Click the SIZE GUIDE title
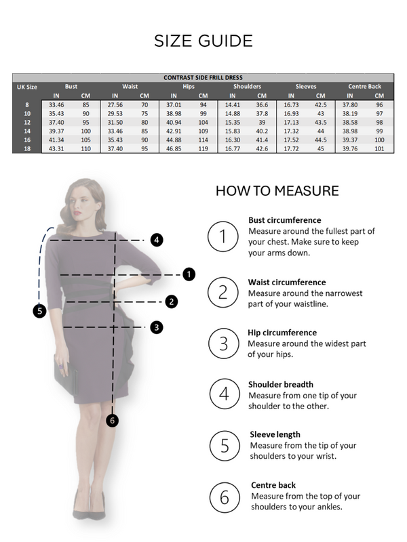pos(203,41)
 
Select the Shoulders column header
pos(247,87)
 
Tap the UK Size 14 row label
pos(27,131)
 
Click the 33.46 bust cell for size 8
pos(56,105)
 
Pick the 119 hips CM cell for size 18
pos(203,148)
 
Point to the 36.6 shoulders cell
pos(262,105)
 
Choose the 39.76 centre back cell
pos(350,148)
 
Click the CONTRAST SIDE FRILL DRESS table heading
pos(203,77)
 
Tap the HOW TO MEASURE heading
pos(277,191)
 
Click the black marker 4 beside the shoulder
pos(157,240)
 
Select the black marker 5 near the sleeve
pos(40,311)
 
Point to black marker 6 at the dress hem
pos(112,420)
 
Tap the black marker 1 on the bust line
pos(189,274)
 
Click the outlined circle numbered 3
pos(224,343)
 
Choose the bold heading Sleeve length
pos(275,434)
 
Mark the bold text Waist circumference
pos(287,282)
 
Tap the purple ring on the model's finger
pos(61,366)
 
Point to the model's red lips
pos(76,213)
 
